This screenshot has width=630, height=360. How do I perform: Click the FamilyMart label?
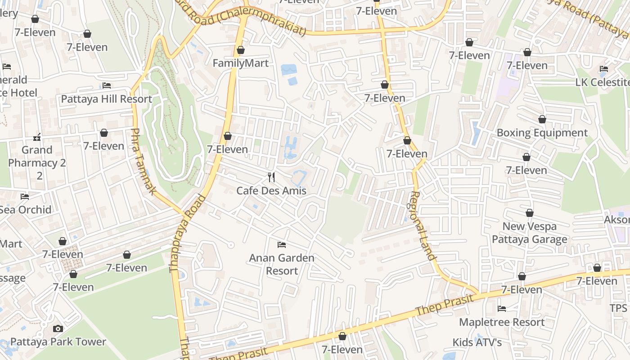[x=240, y=63]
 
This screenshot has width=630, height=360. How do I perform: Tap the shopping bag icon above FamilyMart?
[x=241, y=50]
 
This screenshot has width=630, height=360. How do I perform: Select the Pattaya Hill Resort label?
[x=107, y=99]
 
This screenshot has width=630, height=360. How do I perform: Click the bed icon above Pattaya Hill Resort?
[x=107, y=85]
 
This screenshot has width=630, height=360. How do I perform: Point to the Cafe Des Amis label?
[x=271, y=191]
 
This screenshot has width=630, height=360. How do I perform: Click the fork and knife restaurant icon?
[x=271, y=177]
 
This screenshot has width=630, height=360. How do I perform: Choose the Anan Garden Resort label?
[x=282, y=264]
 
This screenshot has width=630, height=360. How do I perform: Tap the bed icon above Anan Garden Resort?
[x=282, y=245]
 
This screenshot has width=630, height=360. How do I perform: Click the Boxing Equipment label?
[x=542, y=133]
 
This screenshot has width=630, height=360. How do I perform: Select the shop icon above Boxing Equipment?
[x=542, y=119]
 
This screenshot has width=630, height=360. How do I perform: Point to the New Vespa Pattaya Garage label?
[x=530, y=233]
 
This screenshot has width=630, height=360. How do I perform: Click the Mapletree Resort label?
[x=502, y=322]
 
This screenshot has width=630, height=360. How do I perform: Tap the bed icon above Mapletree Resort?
[x=502, y=309]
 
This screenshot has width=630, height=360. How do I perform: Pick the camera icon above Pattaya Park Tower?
[x=58, y=328]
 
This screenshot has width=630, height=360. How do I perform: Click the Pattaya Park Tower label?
[x=58, y=342]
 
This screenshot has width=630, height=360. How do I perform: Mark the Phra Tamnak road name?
[x=143, y=162]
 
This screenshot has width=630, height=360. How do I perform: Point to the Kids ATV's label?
[x=477, y=342]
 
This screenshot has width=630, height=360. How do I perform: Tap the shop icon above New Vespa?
[x=530, y=213]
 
